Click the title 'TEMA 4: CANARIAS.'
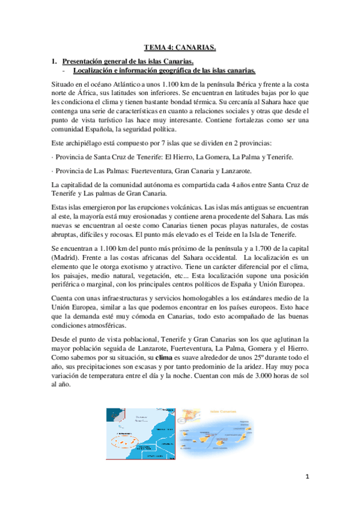coord(180,46)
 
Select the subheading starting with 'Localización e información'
coord(164,70)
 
